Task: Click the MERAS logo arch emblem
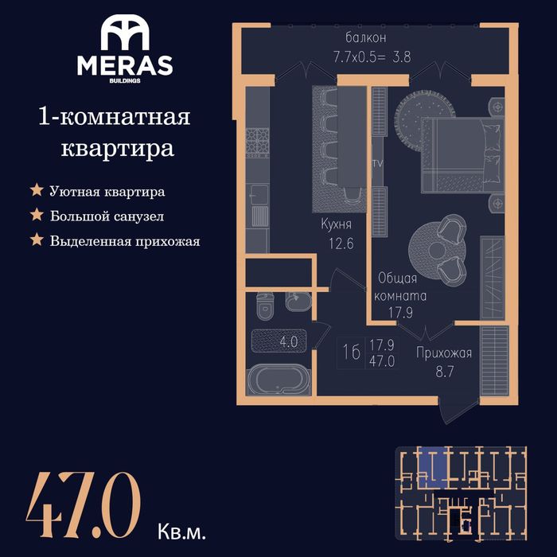pos(125,33)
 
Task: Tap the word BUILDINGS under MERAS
pos(125,80)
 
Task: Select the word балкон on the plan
pos(366,37)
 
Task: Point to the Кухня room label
pos(336,224)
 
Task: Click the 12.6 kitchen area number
pos(341,243)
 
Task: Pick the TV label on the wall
pos(378,164)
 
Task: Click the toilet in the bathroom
pos(264,306)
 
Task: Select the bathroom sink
pos(298,302)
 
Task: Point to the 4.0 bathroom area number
pos(288,341)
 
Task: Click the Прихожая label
pos(444,353)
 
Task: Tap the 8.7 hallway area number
pos(445,372)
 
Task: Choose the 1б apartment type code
pos(352,352)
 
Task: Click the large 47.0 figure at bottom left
pos(84,505)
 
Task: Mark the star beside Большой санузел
pos(37,215)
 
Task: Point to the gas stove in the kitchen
pos(258,142)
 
